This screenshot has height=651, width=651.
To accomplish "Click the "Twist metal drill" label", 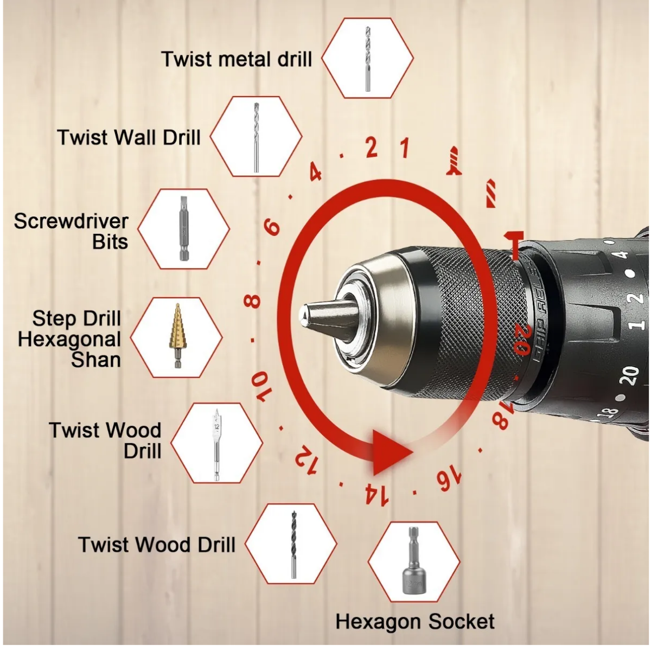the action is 237,59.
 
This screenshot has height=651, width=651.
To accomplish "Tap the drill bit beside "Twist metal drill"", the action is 368,59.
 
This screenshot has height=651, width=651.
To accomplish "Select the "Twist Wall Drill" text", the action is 129,137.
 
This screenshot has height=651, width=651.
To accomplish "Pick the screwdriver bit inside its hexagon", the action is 183,229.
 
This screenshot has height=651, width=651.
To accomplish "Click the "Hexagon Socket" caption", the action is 415,622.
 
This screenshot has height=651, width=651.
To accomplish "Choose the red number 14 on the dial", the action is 376,495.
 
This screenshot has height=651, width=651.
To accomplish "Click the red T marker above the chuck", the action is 514,245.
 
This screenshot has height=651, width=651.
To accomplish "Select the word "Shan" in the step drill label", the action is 95,359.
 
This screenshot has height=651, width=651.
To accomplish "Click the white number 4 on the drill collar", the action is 622,254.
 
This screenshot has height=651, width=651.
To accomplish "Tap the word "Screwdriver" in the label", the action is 71,221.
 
